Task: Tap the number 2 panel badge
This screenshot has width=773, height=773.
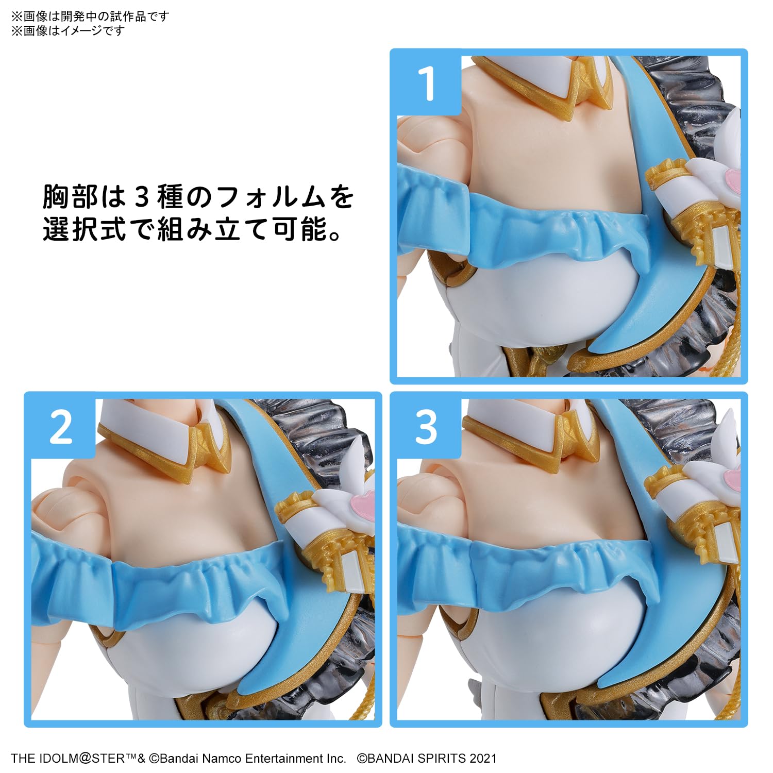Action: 61,427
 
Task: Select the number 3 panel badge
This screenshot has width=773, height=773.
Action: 426,427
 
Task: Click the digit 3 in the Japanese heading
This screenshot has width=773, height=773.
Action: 142,197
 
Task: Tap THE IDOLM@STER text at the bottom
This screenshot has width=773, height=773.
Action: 68,758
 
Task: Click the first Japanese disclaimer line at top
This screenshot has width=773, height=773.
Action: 90,16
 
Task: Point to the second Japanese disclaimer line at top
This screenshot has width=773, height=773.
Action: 68,31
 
